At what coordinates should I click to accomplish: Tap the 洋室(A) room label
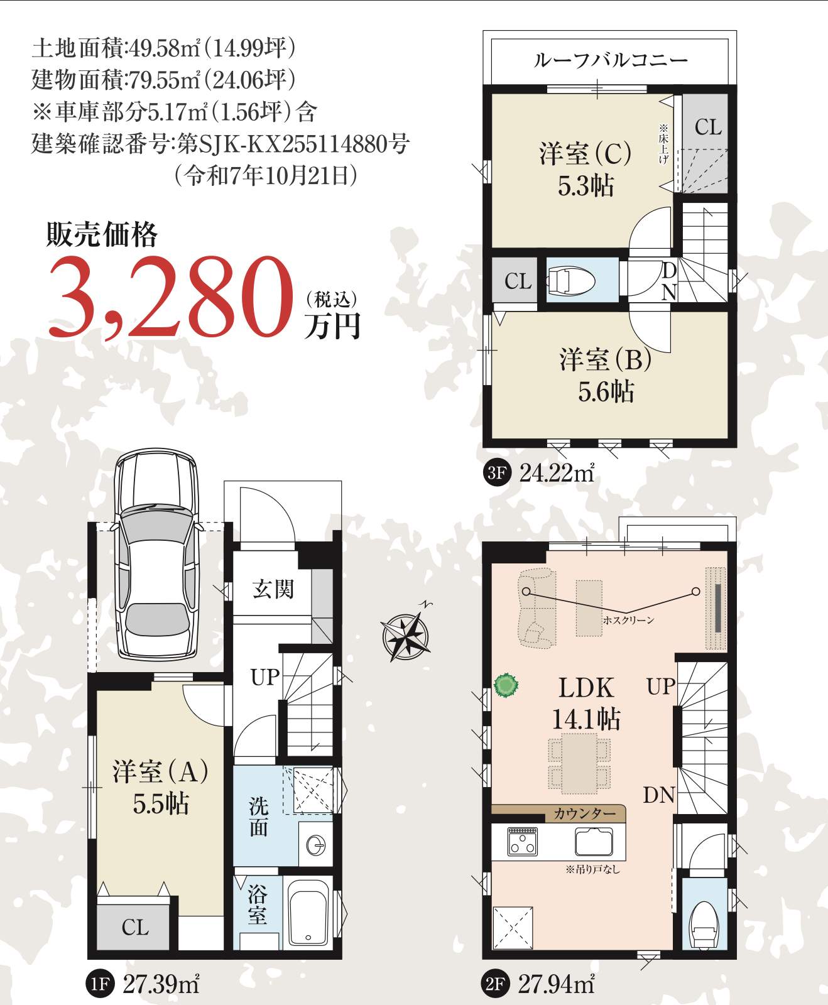[160, 771]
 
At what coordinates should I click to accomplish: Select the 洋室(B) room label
[606, 359]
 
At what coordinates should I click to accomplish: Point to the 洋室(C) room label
[586, 153]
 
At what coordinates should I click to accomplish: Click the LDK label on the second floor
[586, 688]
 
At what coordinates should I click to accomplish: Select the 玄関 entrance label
[273, 589]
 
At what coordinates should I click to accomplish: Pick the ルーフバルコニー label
[611, 60]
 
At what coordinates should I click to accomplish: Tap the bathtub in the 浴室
[308, 911]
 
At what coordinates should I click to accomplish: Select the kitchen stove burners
[523, 841]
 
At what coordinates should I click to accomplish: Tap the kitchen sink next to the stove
[594, 841]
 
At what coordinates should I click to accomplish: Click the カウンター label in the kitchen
[585, 813]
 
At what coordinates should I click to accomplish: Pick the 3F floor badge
[496, 472]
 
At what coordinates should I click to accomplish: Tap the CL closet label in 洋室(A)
[135, 927]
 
